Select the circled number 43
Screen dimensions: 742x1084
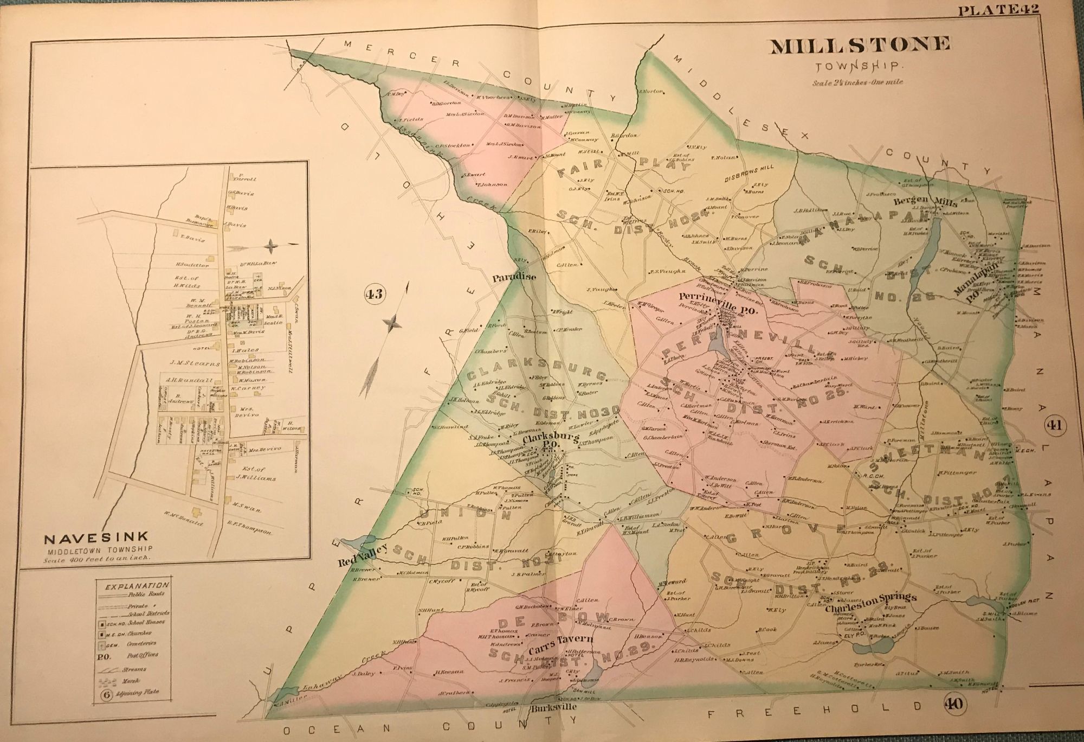tap(374, 295)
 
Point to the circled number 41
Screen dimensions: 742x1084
tap(1054, 425)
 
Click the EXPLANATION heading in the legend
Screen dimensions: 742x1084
tap(138, 586)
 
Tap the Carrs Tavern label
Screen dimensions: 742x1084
tap(562, 638)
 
